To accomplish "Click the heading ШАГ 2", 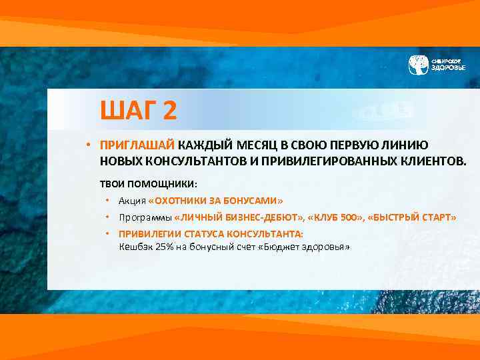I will point(138,110).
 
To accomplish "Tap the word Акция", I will point(132,201).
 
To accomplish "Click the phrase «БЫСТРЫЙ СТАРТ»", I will point(411,217).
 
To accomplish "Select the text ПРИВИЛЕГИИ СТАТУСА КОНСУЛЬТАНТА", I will point(211,234).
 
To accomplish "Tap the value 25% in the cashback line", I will point(164,247).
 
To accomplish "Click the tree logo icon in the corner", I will point(418,65).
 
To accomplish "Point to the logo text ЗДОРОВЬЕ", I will point(448,68).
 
